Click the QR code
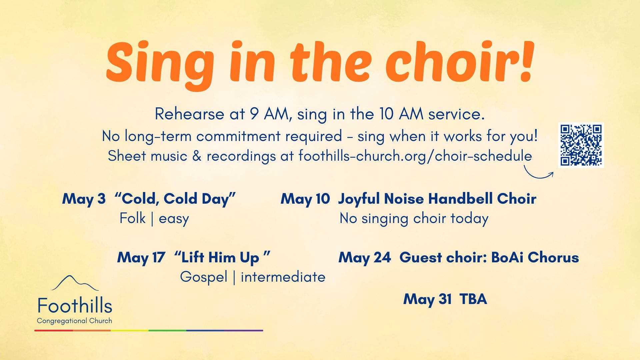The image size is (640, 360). click(581, 145)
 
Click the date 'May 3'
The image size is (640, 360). click(84, 199)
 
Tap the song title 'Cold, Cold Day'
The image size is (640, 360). click(175, 199)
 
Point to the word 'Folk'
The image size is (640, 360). click(132, 219)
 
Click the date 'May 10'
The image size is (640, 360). click(305, 199)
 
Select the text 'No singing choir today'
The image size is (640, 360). click(414, 219)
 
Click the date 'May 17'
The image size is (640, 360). click(141, 258)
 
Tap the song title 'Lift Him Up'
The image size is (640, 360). click(222, 258)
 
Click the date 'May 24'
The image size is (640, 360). click(364, 258)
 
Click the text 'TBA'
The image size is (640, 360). click(473, 299)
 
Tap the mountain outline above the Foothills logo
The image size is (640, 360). click(74, 283)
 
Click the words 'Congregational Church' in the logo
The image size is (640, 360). click(74, 321)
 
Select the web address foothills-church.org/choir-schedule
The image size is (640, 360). click(415, 156)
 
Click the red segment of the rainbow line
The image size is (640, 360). click(53, 330)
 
